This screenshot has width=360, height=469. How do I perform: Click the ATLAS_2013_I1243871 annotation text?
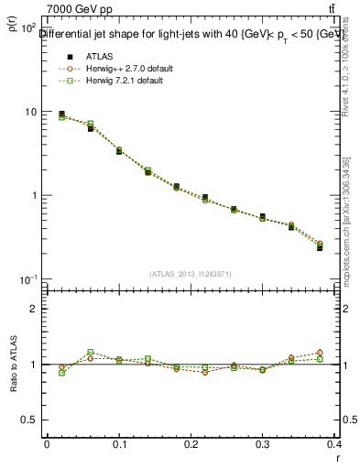[191, 274]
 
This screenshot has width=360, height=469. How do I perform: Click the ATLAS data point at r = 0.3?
[263, 217]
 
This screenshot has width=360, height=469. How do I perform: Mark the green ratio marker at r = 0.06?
[90, 352]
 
